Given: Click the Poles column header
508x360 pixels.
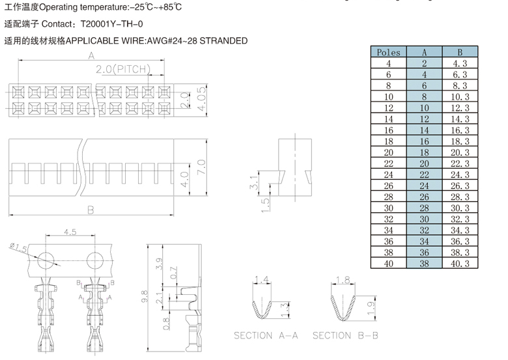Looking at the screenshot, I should (x=389, y=52).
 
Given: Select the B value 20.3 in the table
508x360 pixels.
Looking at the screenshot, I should (x=460, y=152).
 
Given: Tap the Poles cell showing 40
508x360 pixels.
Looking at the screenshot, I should (x=389, y=264).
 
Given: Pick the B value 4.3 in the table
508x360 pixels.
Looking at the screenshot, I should (x=460, y=63).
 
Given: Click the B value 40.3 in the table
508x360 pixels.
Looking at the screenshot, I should (x=460, y=264).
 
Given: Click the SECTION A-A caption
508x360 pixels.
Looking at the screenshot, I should (x=266, y=335).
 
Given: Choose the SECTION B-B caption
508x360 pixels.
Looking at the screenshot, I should (x=345, y=335).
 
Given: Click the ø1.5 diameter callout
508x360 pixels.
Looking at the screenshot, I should (x=19, y=247).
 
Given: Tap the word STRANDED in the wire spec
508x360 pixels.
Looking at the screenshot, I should (x=223, y=40).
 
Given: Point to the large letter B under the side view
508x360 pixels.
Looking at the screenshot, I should (x=91, y=210).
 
